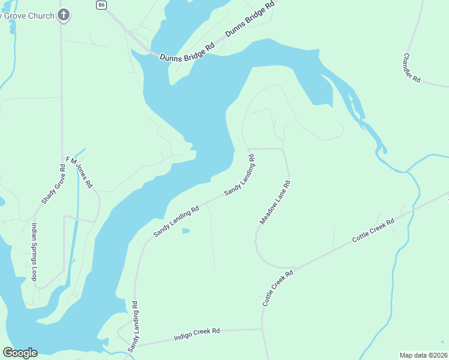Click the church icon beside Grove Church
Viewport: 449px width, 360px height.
click(x=64, y=15)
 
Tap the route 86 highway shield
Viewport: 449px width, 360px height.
click(x=101, y=4)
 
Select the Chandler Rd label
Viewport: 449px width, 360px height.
click(x=411, y=67)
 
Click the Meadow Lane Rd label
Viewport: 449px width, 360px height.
click(x=275, y=203)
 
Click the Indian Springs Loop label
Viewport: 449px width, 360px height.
click(x=34, y=252)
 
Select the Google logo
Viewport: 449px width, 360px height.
click(x=20, y=353)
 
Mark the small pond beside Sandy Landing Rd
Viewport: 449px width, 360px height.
click(x=186, y=230)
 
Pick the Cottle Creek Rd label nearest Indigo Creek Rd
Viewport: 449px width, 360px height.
click(x=277, y=289)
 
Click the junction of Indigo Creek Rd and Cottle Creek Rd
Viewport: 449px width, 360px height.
click(x=262, y=329)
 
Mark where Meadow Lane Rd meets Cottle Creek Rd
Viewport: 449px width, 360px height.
click(x=294, y=268)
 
